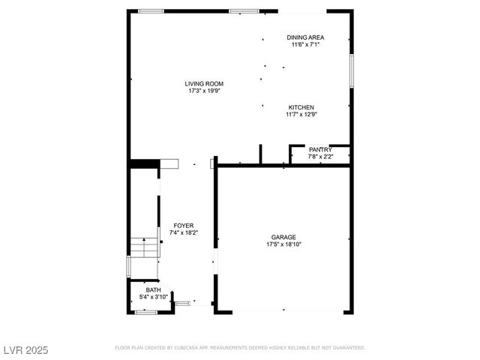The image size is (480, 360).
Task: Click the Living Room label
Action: (x=205, y=83)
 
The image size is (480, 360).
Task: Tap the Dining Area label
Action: (x=305, y=37)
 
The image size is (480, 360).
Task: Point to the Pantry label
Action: (x=320, y=149)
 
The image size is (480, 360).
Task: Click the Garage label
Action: (x=283, y=237)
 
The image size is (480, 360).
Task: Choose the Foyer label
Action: (x=183, y=225)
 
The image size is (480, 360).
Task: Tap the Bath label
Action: (x=153, y=289)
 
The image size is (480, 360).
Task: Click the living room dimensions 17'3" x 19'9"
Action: (x=205, y=91)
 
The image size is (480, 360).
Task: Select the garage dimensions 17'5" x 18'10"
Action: (x=283, y=244)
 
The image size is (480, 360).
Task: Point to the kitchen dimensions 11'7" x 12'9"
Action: (x=300, y=115)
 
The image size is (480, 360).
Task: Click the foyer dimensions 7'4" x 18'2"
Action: (x=183, y=232)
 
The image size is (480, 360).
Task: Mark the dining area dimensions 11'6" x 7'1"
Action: (x=305, y=44)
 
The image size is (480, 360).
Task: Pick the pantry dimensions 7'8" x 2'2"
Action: (x=320, y=157)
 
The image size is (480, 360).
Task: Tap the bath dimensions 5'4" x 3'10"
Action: (x=153, y=297)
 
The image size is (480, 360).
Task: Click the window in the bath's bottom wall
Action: (x=145, y=311)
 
